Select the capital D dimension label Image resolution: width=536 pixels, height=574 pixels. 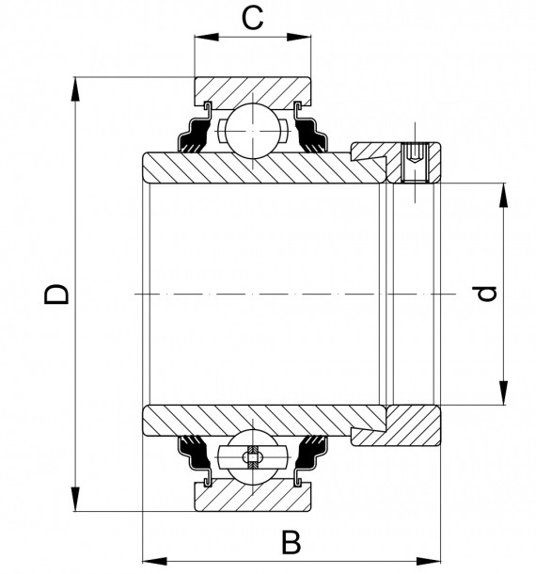tap(58, 293)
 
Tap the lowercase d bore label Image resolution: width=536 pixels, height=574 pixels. tap(486, 294)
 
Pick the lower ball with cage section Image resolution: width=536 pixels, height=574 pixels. tap(252, 458)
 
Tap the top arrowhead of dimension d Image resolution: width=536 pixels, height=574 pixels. tap(504, 194)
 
